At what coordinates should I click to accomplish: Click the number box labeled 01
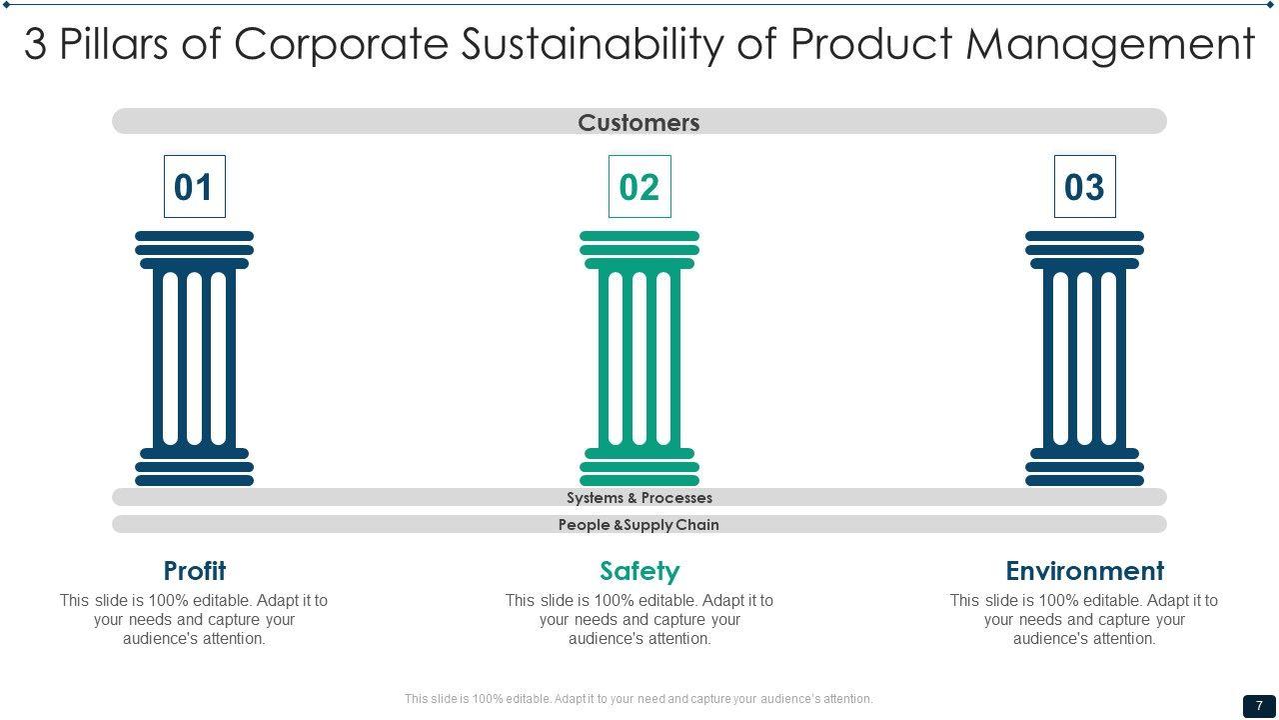195,186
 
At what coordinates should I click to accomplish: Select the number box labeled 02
639,186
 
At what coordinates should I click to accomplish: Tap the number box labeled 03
1085,186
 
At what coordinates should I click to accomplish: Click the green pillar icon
639,358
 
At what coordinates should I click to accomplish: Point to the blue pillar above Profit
194,358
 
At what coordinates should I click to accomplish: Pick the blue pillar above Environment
1085,358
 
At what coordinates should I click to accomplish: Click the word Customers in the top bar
639,122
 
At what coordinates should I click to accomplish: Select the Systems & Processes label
639,498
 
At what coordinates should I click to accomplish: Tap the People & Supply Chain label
639,525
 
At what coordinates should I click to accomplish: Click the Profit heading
195,570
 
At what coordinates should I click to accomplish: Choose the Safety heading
639,571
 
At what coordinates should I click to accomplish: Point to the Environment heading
1085,570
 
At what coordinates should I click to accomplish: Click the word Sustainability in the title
593,45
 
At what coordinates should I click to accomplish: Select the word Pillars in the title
114,43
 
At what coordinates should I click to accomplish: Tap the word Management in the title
1110,45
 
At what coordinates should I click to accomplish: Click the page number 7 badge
1259,706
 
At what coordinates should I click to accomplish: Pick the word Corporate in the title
341,45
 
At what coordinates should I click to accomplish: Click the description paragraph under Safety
639,619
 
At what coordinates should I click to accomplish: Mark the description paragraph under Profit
194,619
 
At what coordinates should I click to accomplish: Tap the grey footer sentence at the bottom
639,698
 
